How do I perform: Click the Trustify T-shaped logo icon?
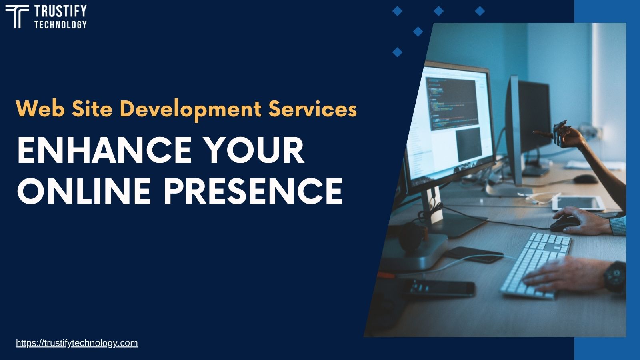click(x=17, y=17)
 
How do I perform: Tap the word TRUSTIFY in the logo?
click(x=60, y=11)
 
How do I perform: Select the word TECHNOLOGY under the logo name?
click(x=60, y=25)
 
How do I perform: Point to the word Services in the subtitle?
click(x=312, y=108)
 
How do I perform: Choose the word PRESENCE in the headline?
click(x=253, y=191)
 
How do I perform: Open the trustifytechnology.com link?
click(x=77, y=343)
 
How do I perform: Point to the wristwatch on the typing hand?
click(x=614, y=276)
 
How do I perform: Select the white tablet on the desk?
click(x=578, y=203)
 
